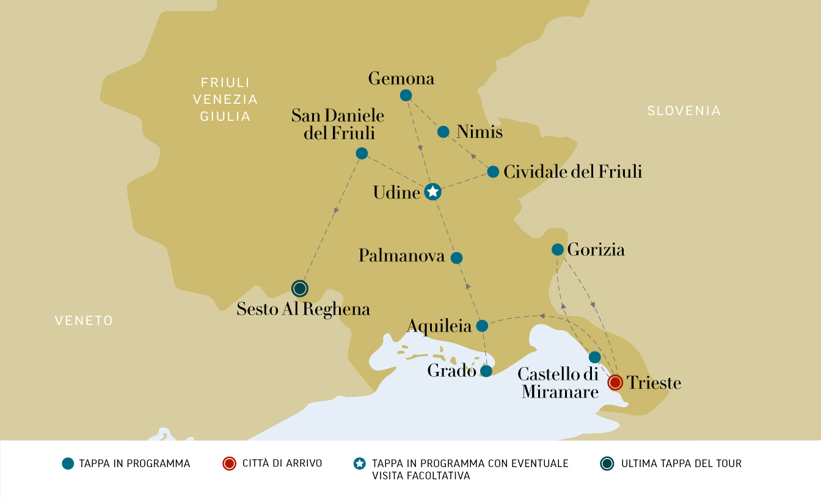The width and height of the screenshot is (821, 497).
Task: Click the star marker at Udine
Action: tap(432, 192)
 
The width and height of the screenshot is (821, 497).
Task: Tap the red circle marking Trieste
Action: tap(615, 383)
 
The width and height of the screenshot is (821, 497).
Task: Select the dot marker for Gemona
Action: tap(406, 95)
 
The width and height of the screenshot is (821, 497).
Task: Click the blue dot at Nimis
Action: tap(443, 132)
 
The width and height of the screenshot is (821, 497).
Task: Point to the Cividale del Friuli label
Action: tap(572, 172)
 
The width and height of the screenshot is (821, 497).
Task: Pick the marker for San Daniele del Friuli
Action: tap(362, 153)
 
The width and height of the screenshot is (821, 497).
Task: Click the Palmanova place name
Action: tap(401, 255)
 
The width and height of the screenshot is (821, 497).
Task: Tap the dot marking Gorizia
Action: tap(558, 249)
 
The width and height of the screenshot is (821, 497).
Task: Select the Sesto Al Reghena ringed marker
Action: tap(299, 288)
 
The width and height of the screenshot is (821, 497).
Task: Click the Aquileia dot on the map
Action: tap(482, 326)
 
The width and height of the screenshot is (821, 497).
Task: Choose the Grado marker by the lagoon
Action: tap(486, 371)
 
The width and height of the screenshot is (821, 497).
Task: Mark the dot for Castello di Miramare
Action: tap(594, 357)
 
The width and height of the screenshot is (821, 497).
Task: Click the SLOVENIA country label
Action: tap(684, 111)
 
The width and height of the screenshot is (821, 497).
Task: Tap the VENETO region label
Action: tap(84, 321)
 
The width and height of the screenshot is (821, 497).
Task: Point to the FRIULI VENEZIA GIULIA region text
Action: tap(225, 99)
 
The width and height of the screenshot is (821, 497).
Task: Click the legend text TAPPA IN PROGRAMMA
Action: tap(134, 463)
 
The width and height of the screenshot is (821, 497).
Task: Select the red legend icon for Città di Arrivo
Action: tap(229, 463)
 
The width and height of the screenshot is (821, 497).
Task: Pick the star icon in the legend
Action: tap(360, 463)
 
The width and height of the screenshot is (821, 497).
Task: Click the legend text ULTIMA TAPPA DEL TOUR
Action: tap(681, 463)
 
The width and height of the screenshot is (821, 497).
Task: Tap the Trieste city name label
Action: tap(654, 383)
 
